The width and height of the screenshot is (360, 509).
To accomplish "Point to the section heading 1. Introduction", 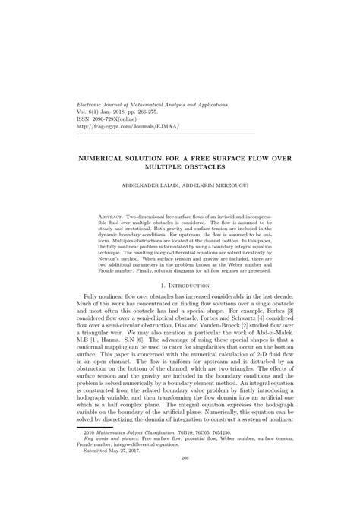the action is pyautogui.click(x=180, y=285).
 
